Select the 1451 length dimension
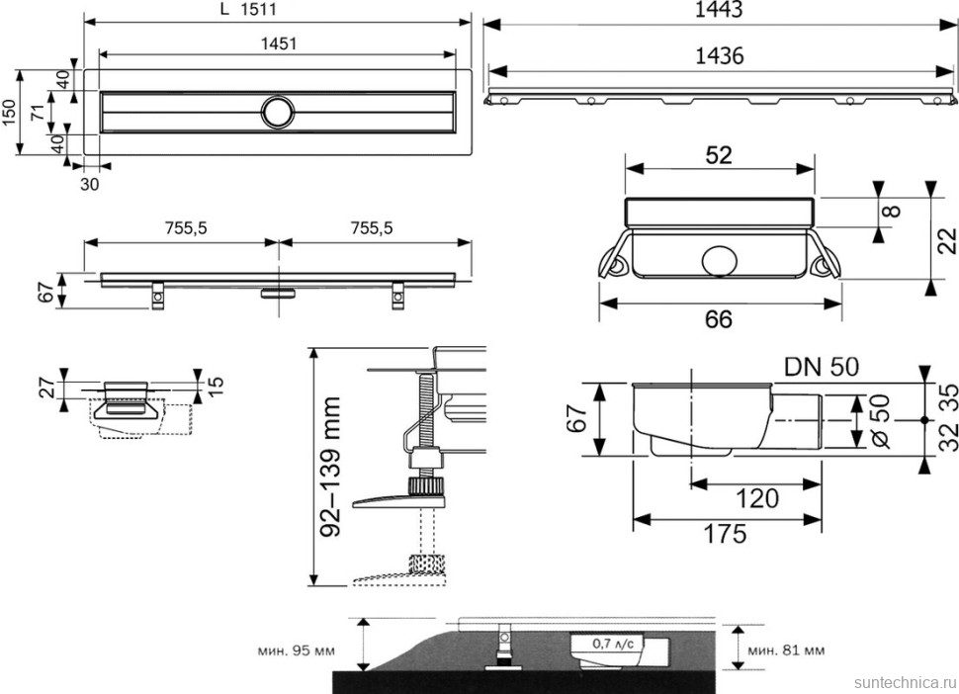(x=279, y=43)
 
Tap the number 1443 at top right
(x=719, y=10)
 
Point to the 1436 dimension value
(x=719, y=55)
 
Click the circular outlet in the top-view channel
(x=278, y=111)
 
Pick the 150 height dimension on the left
(x=9, y=112)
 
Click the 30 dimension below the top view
(x=90, y=184)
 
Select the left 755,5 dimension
(x=183, y=227)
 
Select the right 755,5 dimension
(x=371, y=227)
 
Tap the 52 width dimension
(x=719, y=154)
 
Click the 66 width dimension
(x=719, y=318)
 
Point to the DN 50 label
(x=821, y=366)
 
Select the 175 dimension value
(x=727, y=534)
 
